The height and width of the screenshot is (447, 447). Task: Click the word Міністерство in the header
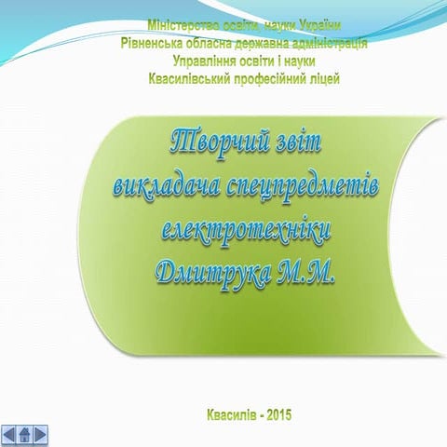coord(183,24)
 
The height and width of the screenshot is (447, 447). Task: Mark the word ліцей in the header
coord(321,78)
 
